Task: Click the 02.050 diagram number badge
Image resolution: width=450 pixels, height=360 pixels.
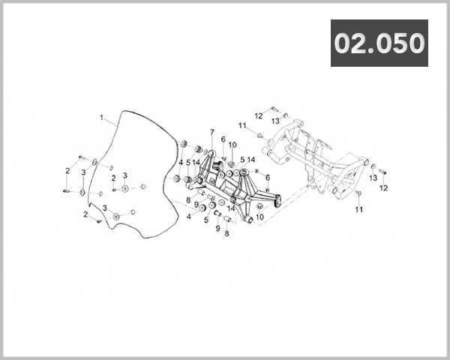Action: tap(379, 43)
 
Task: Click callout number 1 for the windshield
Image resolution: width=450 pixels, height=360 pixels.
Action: tap(101, 118)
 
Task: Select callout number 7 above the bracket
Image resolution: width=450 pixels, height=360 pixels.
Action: tap(212, 132)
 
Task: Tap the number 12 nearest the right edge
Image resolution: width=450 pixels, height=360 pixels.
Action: tap(383, 188)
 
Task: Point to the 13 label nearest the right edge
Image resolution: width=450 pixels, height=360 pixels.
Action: tap(373, 178)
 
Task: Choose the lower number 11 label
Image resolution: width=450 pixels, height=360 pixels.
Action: tap(359, 210)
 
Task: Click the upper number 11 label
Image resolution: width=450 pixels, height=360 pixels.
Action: tap(242, 125)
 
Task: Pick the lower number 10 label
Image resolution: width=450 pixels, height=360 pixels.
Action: tap(259, 217)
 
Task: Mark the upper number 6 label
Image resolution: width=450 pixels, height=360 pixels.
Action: tap(223, 139)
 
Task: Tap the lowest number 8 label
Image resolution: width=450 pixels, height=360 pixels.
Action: tap(226, 234)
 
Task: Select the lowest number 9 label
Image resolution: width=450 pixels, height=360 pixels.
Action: tap(217, 229)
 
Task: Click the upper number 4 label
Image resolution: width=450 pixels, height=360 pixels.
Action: tap(181, 163)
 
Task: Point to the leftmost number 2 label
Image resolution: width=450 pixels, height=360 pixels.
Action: tap(67, 171)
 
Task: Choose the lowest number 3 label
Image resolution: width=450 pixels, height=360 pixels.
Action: tap(105, 208)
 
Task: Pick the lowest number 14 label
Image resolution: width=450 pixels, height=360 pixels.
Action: tap(231, 208)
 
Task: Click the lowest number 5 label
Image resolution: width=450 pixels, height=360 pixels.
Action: tap(206, 220)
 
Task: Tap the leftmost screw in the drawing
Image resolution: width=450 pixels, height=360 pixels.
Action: tap(66, 190)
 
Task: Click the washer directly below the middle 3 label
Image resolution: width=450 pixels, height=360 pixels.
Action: tap(124, 188)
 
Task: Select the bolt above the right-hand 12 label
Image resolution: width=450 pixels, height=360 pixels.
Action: tap(382, 172)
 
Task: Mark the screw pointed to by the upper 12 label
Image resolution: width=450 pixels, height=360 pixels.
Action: tap(274, 109)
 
